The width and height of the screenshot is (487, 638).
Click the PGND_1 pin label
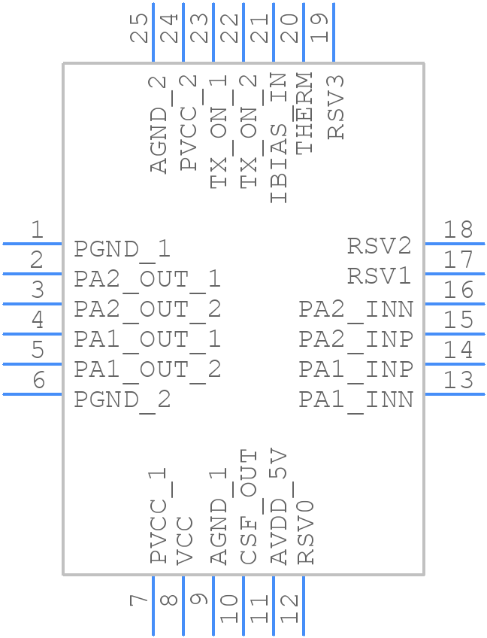coord(123,249)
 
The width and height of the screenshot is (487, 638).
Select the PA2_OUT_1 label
coord(147,279)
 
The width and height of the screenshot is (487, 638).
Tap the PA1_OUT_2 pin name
coord(147,369)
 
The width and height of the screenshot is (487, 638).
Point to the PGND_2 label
coord(123,400)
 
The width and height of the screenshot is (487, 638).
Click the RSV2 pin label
coord(379,246)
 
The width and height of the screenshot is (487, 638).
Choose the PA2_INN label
coord(355,309)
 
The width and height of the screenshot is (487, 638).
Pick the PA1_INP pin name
coord(355,369)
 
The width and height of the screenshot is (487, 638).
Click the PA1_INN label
coord(355,400)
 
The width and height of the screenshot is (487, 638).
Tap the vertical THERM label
coord(304,114)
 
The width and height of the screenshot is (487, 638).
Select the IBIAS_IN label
coord(277,138)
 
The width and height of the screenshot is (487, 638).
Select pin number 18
coord(458,229)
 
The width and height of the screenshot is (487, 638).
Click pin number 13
coord(458,380)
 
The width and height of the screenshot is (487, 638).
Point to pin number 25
coord(139,28)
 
